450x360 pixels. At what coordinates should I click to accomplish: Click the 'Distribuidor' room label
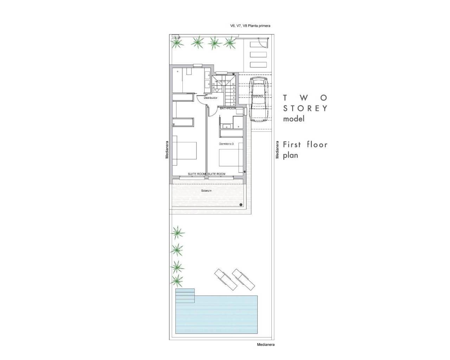pos(211,98)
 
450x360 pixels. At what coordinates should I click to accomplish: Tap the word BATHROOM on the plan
pos(228,109)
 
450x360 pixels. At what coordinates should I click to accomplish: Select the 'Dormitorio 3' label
pos(226,144)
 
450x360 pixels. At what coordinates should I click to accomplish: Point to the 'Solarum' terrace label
pos(206,191)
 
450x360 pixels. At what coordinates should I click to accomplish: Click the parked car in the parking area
pos(258,100)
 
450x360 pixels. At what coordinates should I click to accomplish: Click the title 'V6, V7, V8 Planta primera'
pos(250,26)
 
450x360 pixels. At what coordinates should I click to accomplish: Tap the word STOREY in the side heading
pos(305,108)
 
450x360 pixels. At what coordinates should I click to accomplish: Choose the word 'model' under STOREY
pos(294,119)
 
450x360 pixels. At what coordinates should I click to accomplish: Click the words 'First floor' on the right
pos(305,144)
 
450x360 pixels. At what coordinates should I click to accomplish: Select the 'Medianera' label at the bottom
pos(265,345)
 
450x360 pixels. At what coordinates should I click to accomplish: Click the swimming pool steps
pos(185,296)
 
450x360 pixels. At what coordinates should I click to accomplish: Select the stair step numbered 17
pos(213,91)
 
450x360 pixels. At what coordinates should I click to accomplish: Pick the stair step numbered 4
pos(233,104)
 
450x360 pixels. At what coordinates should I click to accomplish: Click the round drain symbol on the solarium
pos(240,205)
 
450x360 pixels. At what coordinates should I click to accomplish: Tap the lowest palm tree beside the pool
pos(177,280)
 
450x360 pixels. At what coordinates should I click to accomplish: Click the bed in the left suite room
pos(184,153)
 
